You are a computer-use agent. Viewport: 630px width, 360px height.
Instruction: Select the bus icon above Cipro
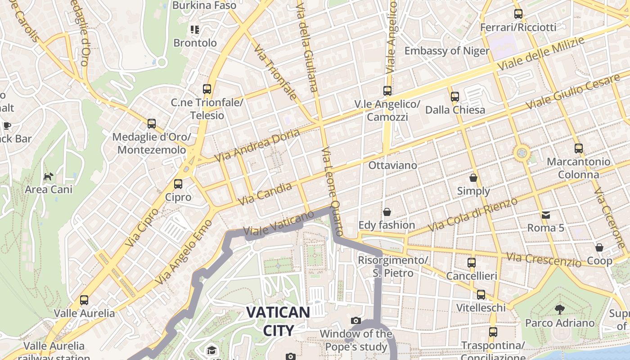point(178,184)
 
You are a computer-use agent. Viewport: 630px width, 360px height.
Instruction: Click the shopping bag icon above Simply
point(473,178)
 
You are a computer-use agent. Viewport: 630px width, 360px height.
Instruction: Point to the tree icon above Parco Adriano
point(560,310)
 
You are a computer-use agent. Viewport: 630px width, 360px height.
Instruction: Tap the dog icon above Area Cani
point(48,176)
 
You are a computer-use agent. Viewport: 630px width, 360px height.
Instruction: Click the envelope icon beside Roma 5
point(546,215)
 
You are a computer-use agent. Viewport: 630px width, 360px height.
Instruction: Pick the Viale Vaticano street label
point(278,224)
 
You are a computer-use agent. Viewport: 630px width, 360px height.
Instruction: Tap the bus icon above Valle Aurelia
point(84,300)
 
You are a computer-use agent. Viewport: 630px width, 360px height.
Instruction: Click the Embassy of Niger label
point(446,51)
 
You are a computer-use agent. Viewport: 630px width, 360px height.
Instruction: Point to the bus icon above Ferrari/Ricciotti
point(518,14)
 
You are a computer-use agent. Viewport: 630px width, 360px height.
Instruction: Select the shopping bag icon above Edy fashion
point(387,211)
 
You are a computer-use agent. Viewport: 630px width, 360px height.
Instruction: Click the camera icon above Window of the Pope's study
point(356,320)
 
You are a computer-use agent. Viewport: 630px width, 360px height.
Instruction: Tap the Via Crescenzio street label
point(544,259)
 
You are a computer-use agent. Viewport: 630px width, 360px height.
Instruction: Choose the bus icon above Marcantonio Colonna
point(579,148)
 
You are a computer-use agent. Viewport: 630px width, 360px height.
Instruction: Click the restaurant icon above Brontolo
point(195,30)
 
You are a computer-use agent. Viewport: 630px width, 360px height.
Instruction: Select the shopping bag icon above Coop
point(599,247)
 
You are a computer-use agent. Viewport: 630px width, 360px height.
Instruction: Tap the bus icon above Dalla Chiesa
point(455,96)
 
